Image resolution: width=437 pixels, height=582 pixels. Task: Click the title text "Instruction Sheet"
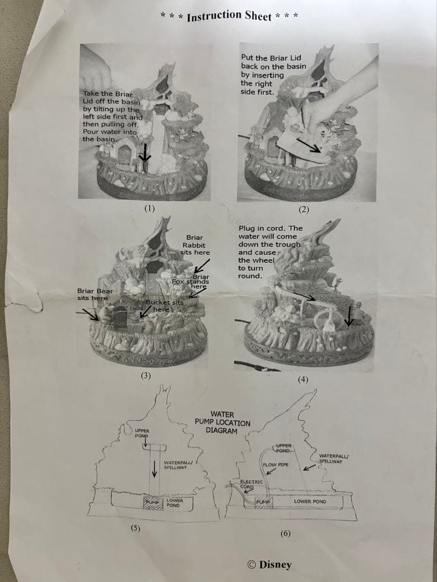tap(229, 16)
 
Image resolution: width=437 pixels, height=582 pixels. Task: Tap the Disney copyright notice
tap(269, 564)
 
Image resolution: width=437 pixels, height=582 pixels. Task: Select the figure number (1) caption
tap(149, 208)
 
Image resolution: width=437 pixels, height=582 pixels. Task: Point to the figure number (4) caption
tap(303, 379)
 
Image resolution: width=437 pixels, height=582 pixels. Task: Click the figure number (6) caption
tap(285, 533)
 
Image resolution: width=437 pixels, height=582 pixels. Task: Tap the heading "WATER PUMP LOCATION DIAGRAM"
tap(222, 422)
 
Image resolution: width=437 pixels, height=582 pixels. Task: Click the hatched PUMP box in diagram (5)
tap(153, 503)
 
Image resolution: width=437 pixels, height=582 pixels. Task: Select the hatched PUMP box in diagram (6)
tap(263, 502)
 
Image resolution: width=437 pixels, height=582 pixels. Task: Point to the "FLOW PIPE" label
tap(275, 465)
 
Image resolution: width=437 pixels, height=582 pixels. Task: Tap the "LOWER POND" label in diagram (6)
tap(310, 502)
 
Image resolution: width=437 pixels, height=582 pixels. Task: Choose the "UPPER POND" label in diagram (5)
tap(142, 433)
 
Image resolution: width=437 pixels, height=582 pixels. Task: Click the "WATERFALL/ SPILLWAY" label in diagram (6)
tap(334, 459)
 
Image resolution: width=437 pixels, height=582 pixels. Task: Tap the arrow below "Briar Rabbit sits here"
tap(202, 266)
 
